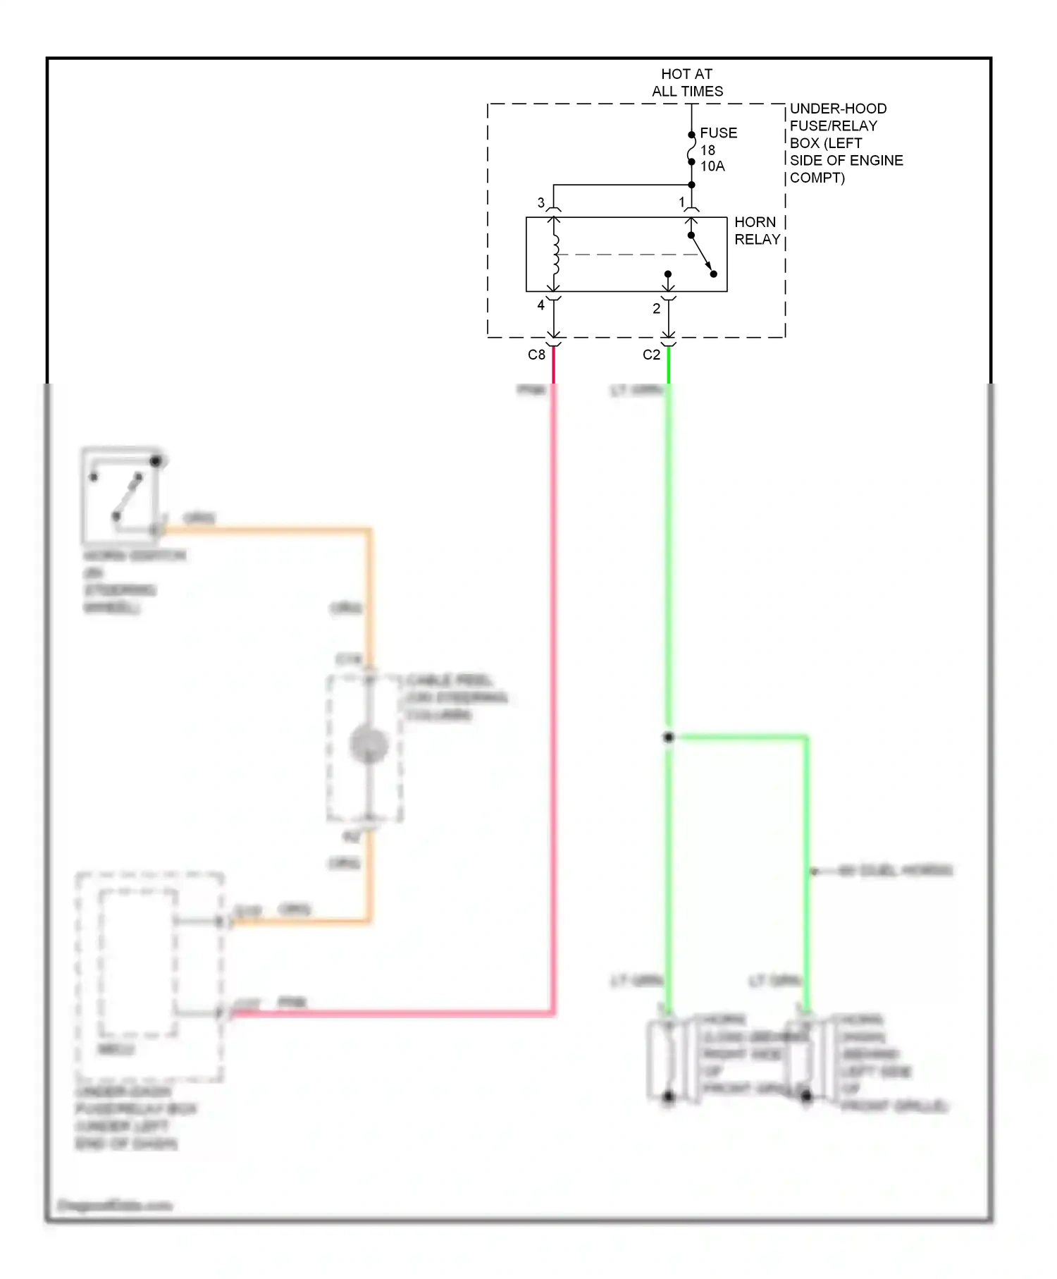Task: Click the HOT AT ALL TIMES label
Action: (x=687, y=82)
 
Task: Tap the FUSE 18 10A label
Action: (x=717, y=149)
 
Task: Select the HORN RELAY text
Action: (x=756, y=231)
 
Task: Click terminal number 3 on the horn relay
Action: (x=541, y=202)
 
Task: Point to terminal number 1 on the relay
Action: (x=681, y=202)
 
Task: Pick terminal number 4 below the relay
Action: (x=541, y=305)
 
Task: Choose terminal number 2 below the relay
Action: (x=656, y=308)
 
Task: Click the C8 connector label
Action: (x=536, y=355)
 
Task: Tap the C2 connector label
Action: (x=651, y=355)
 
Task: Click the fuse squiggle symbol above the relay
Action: (x=691, y=149)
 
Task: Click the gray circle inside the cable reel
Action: (x=369, y=745)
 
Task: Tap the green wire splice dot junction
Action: (x=668, y=738)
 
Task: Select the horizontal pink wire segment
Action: (x=395, y=1014)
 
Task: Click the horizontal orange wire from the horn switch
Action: (x=268, y=529)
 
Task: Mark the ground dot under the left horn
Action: (x=668, y=1096)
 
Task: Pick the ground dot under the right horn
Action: (x=806, y=1096)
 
